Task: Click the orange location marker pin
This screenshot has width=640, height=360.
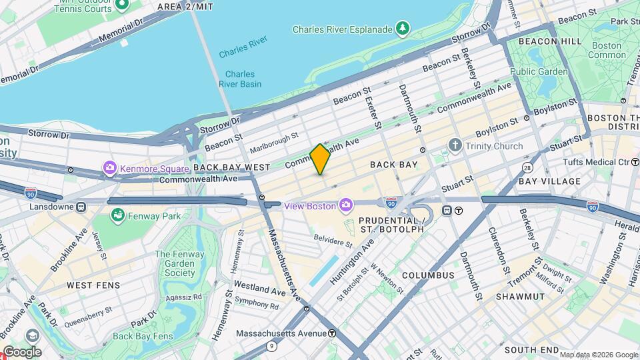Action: coord(321,159)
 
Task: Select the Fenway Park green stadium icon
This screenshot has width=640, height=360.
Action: coord(118,215)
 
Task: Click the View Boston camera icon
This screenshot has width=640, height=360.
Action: coord(346,205)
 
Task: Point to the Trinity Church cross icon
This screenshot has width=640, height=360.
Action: coord(455,145)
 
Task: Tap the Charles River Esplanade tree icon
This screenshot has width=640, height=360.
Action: coord(402,29)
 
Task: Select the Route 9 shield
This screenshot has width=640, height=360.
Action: coord(271,345)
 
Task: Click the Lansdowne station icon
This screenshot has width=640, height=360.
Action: coord(81,207)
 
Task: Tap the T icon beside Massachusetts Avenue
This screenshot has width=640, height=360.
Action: coord(332,333)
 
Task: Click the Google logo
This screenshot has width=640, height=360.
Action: coord(22,352)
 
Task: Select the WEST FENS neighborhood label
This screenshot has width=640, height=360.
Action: coord(93,285)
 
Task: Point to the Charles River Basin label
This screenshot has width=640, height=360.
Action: coord(239,79)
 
